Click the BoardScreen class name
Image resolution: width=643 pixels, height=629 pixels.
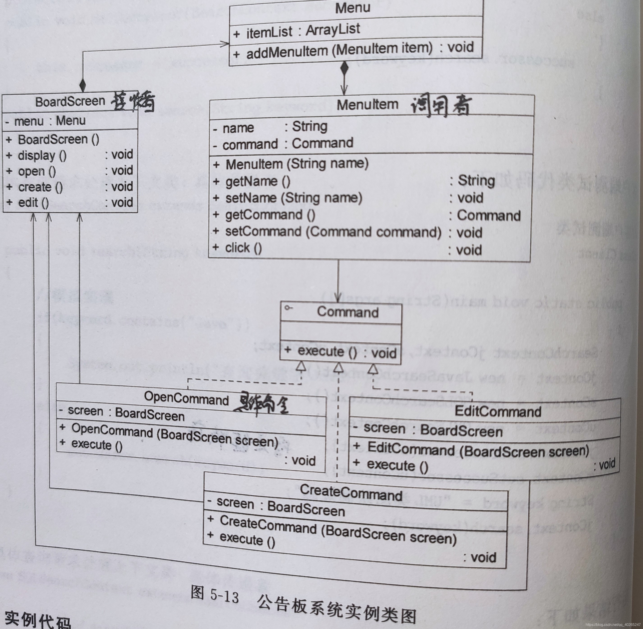(x=70, y=102)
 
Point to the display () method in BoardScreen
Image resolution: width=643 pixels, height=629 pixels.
(x=42, y=156)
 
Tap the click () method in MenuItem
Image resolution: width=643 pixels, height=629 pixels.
(x=243, y=248)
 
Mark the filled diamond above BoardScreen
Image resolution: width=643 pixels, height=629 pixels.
(x=82, y=86)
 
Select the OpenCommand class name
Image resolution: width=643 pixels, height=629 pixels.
(x=186, y=398)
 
